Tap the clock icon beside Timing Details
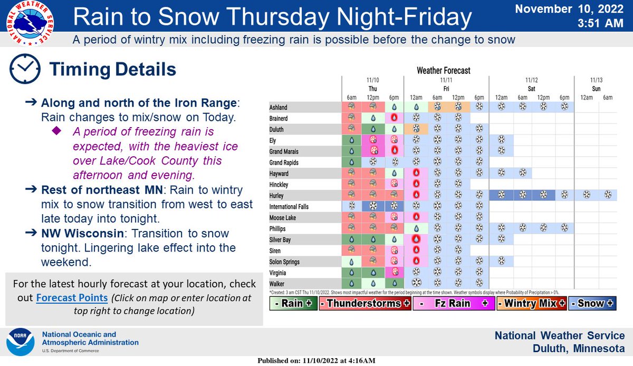point(25,69)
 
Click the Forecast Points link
point(72,297)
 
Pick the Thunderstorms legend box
point(363,304)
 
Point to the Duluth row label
point(278,128)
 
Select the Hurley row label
point(277,195)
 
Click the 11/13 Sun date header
point(596,84)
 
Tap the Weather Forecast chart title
point(443,70)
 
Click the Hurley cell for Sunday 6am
point(607,195)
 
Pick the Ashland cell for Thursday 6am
point(351,106)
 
